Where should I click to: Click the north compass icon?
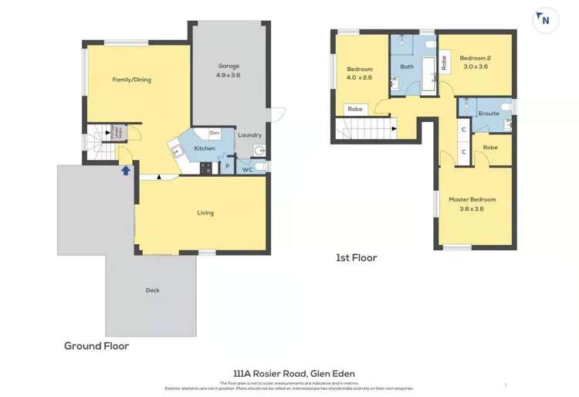pyautogui.click(x=546, y=20)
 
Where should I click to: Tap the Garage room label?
pyautogui.click(x=229, y=66)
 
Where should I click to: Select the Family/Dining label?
pyautogui.click(x=132, y=80)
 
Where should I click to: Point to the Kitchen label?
pyautogui.click(x=205, y=148)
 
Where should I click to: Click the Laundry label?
pyautogui.click(x=249, y=135)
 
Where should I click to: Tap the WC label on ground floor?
pyautogui.click(x=247, y=169)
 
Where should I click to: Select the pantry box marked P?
pyautogui.click(x=228, y=167)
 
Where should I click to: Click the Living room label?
pyautogui.click(x=205, y=213)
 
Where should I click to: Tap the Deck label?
pyautogui.click(x=153, y=290)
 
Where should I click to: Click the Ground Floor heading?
pyautogui.click(x=96, y=346)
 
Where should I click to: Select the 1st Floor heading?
pyautogui.click(x=356, y=258)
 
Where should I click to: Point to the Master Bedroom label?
pyautogui.click(x=472, y=199)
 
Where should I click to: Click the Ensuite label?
pyautogui.click(x=489, y=114)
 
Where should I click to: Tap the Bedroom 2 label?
pyautogui.click(x=476, y=58)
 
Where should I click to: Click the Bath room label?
pyautogui.click(x=407, y=66)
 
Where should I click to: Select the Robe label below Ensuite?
pyautogui.click(x=490, y=147)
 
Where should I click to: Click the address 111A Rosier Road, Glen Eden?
pyautogui.click(x=294, y=373)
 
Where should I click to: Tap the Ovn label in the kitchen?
pyautogui.click(x=215, y=134)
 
